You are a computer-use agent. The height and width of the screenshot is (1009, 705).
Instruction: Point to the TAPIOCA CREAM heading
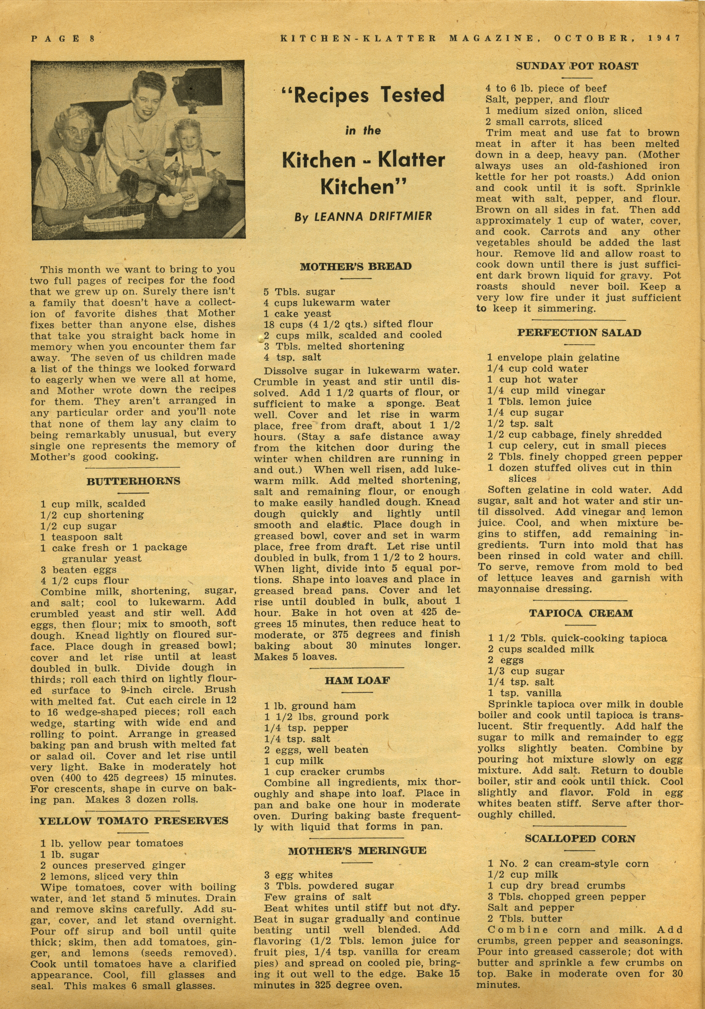click(581, 613)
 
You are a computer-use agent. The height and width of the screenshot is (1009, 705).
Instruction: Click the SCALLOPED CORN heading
click(580, 839)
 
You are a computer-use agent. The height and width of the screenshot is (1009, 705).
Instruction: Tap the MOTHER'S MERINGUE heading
click(357, 851)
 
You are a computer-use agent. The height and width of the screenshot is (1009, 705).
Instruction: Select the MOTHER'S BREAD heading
click(356, 266)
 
